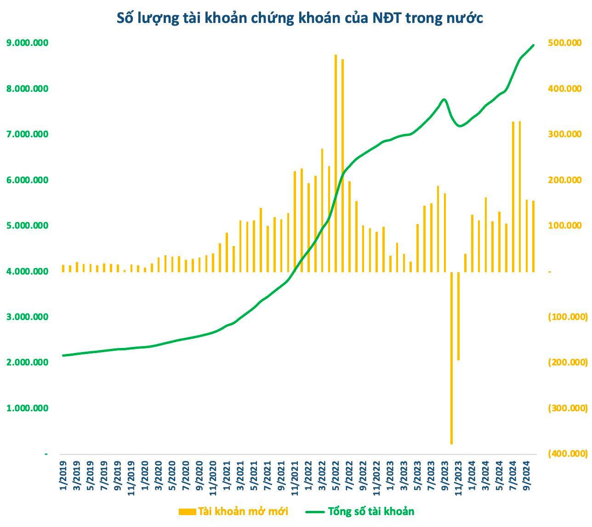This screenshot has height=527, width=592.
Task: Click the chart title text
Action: pos(300,18)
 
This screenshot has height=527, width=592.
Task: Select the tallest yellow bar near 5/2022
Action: pos(336,163)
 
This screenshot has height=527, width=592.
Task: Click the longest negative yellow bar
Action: pos(451,358)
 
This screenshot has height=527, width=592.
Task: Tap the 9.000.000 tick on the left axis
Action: pos(27,43)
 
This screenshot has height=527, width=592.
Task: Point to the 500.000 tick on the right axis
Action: pos(565,43)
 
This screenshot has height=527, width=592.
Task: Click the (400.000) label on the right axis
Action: pos(568,454)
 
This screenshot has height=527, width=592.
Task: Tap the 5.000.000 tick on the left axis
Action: pos(27,225)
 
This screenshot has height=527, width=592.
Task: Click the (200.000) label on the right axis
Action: pos(568,362)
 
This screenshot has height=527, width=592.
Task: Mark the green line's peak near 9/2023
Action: pos(444,99)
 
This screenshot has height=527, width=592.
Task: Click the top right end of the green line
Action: pos(533,45)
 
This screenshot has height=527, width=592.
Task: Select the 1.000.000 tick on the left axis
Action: pos(27,408)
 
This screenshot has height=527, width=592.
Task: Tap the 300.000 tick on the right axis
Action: pos(565,134)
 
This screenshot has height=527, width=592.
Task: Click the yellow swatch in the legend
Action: pos(187,511)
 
